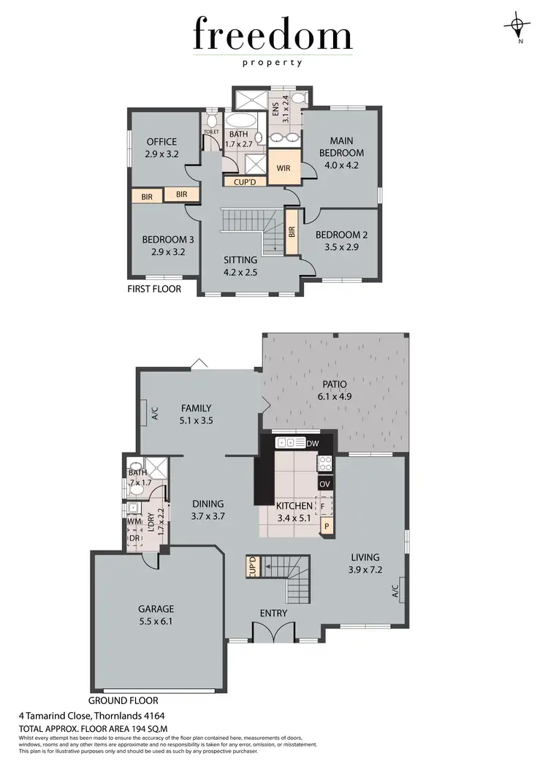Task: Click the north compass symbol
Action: (x=518, y=26)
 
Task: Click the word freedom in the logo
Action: (x=273, y=34)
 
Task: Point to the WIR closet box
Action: (x=283, y=167)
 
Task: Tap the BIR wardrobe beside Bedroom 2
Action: (x=292, y=232)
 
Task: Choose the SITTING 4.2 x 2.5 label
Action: (x=240, y=266)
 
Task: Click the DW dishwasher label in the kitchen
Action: (x=313, y=443)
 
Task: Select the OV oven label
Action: (x=324, y=484)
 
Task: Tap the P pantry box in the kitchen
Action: (x=326, y=525)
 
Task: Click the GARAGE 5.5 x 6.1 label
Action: (x=155, y=615)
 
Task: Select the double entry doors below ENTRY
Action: (x=273, y=633)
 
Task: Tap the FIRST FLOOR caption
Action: (x=154, y=290)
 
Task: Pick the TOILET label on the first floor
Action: (x=211, y=132)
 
